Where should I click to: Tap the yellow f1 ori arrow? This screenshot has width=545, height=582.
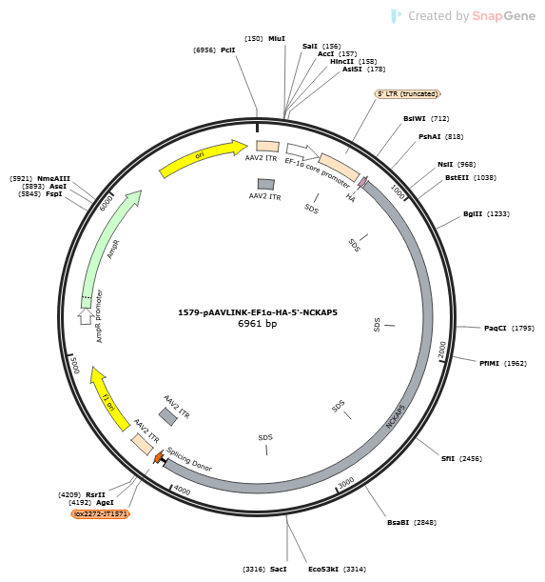pyautogui.click(x=108, y=400)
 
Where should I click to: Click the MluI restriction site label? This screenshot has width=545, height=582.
pyautogui.click(x=277, y=39)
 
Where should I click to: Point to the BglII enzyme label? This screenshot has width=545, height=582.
pyautogui.click(x=473, y=213)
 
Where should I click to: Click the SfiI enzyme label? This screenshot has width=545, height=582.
pyautogui.click(x=447, y=459)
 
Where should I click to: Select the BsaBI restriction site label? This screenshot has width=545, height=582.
pyautogui.click(x=398, y=523)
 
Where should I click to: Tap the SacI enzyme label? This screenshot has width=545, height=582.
pyautogui.click(x=278, y=570)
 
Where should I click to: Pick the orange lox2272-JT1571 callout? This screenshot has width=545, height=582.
pyautogui.click(x=101, y=514)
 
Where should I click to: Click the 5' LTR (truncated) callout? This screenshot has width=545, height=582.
pyautogui.click(x=408, y=94)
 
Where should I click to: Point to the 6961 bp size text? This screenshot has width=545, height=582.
pyautogui.click(x=258, y=324)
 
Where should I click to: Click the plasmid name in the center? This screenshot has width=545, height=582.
pyautogui.click(x=258, y=312)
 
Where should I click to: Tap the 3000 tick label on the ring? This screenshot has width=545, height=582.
pyautogui.click(x=346, y=483)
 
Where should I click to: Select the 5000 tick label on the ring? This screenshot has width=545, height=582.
pyautogui.click(x=75, y=365)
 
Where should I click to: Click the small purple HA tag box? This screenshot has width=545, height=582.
pyautogui.click(x=362, y=182)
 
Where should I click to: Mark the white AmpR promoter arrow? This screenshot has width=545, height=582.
pyautogui.click(x=86, y=316)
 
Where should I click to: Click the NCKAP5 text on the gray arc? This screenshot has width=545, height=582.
pyautogui.click(x=396, y=416)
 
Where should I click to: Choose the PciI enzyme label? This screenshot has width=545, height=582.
pyautogui.click(x=228, y=50)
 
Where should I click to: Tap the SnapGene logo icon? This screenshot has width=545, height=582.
pyautogui.click(x=396, y=16)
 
